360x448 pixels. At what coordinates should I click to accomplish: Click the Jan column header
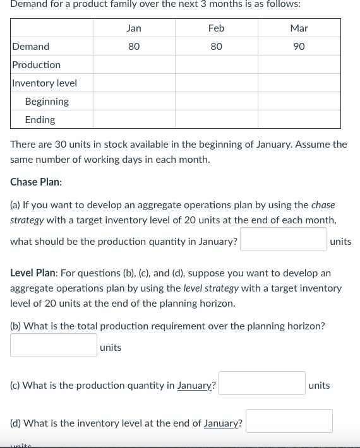tap(134, 28)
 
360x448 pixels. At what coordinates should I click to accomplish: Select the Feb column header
tap(216, 28)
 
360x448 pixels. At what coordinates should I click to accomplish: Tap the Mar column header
tap(299, 28)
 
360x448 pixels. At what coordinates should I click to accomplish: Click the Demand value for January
tap(134, 47)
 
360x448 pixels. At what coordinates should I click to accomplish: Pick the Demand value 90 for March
tap(299, 47)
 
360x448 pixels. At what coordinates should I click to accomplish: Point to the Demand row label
tap(31, 47)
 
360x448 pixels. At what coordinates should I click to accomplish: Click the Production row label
tap(37, 65)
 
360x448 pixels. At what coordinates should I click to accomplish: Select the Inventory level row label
tap(45, 83)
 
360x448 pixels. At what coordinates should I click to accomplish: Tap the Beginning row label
tap(47, 102)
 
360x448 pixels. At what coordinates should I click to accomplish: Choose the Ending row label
tap(40, 120)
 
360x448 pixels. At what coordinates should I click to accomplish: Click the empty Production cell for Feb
tap(216, 65)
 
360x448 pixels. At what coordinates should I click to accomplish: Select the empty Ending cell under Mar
tap(299, 120)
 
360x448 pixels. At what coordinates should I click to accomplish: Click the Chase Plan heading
tap(36, 182)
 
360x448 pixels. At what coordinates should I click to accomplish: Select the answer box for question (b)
tap(54, 346)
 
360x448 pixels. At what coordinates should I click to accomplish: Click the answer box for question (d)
tap(289, 421)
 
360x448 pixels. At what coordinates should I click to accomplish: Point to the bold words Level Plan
tap(33, 273)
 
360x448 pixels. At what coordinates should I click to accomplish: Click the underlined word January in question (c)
tap(196, 386)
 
